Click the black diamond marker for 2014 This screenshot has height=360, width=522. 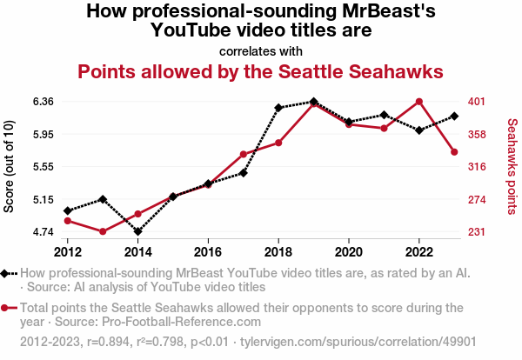pos(138,231)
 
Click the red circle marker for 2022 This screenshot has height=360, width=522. pos(419,102)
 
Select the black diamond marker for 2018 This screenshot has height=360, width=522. pos(278,108)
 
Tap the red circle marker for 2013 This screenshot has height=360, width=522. pos(103,231)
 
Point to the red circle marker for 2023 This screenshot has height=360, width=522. pos(454,152)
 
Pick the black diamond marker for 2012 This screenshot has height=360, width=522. pos(68,210)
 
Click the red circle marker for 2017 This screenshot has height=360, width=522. pos(244,154)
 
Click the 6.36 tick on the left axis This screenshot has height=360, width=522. pos(43,102)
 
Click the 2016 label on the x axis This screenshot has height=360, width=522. pos(208,251)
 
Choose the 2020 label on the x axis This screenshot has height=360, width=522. pos(349,251)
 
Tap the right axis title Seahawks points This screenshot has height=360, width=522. pos(512,167)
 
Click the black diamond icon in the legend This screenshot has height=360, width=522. pos(7,273)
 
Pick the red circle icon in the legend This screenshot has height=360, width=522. pos(7,308)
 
